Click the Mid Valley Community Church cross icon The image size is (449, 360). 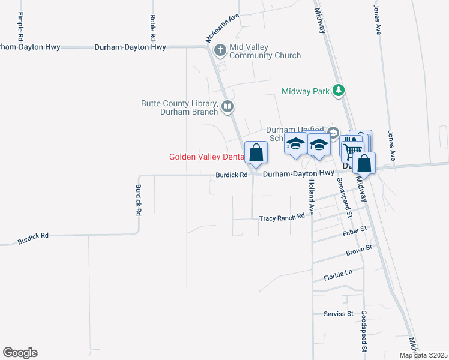(220, 50)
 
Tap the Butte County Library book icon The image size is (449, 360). (228, 107)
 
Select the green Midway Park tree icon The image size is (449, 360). (340, 91)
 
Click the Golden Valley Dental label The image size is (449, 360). (206, 157)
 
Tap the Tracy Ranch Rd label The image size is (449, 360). (282, 218)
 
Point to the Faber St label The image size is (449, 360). (354, 231)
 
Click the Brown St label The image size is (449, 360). (359, 248)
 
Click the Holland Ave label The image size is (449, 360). (312, 197)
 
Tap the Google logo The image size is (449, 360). (20, 353)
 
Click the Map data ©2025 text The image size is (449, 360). (423, 355)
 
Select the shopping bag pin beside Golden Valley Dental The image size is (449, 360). (256, 153)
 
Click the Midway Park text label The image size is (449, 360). (306, 91)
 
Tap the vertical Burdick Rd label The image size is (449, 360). (138, 200)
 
